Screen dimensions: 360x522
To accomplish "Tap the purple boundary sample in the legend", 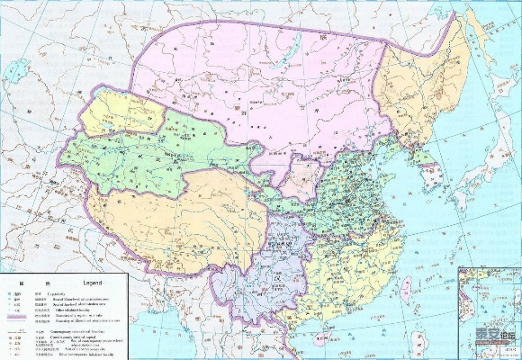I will tap(14, 319).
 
